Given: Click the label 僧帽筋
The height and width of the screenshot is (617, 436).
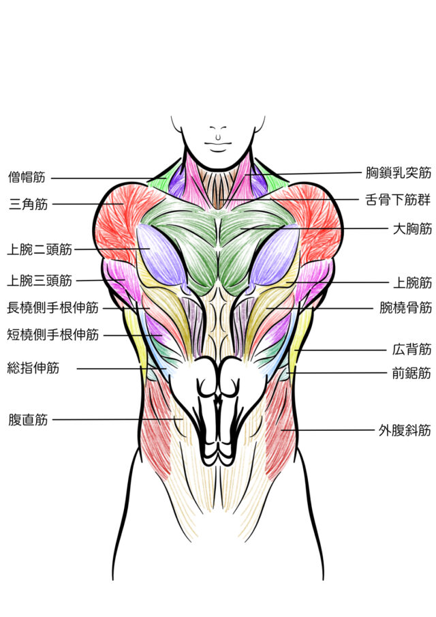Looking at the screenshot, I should click(x=27, y=178).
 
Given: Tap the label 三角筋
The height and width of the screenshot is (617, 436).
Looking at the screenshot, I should click(x=27, y=203).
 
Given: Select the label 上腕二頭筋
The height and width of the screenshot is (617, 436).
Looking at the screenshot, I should click(x=39, y=250).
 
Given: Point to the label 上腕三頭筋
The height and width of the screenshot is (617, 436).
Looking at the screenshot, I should click(x=39, y=280).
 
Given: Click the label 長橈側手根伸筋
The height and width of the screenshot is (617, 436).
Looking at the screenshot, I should click(x=51, y=308).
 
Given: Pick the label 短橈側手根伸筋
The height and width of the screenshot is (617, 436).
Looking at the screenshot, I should click(x=51, y=335).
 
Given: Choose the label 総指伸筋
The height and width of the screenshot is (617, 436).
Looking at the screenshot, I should click(x=33, y=369).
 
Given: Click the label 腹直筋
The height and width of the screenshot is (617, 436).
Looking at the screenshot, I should click(x=27, y=419).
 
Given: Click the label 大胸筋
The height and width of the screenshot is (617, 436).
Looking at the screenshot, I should click(x=411, y=228).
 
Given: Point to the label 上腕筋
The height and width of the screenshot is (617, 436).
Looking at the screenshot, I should click(x=411, y=281).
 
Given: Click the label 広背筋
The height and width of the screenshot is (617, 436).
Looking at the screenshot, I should click(x=411, y=350).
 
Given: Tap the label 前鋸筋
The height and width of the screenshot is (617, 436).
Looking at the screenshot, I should click(x=411, y=373).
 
